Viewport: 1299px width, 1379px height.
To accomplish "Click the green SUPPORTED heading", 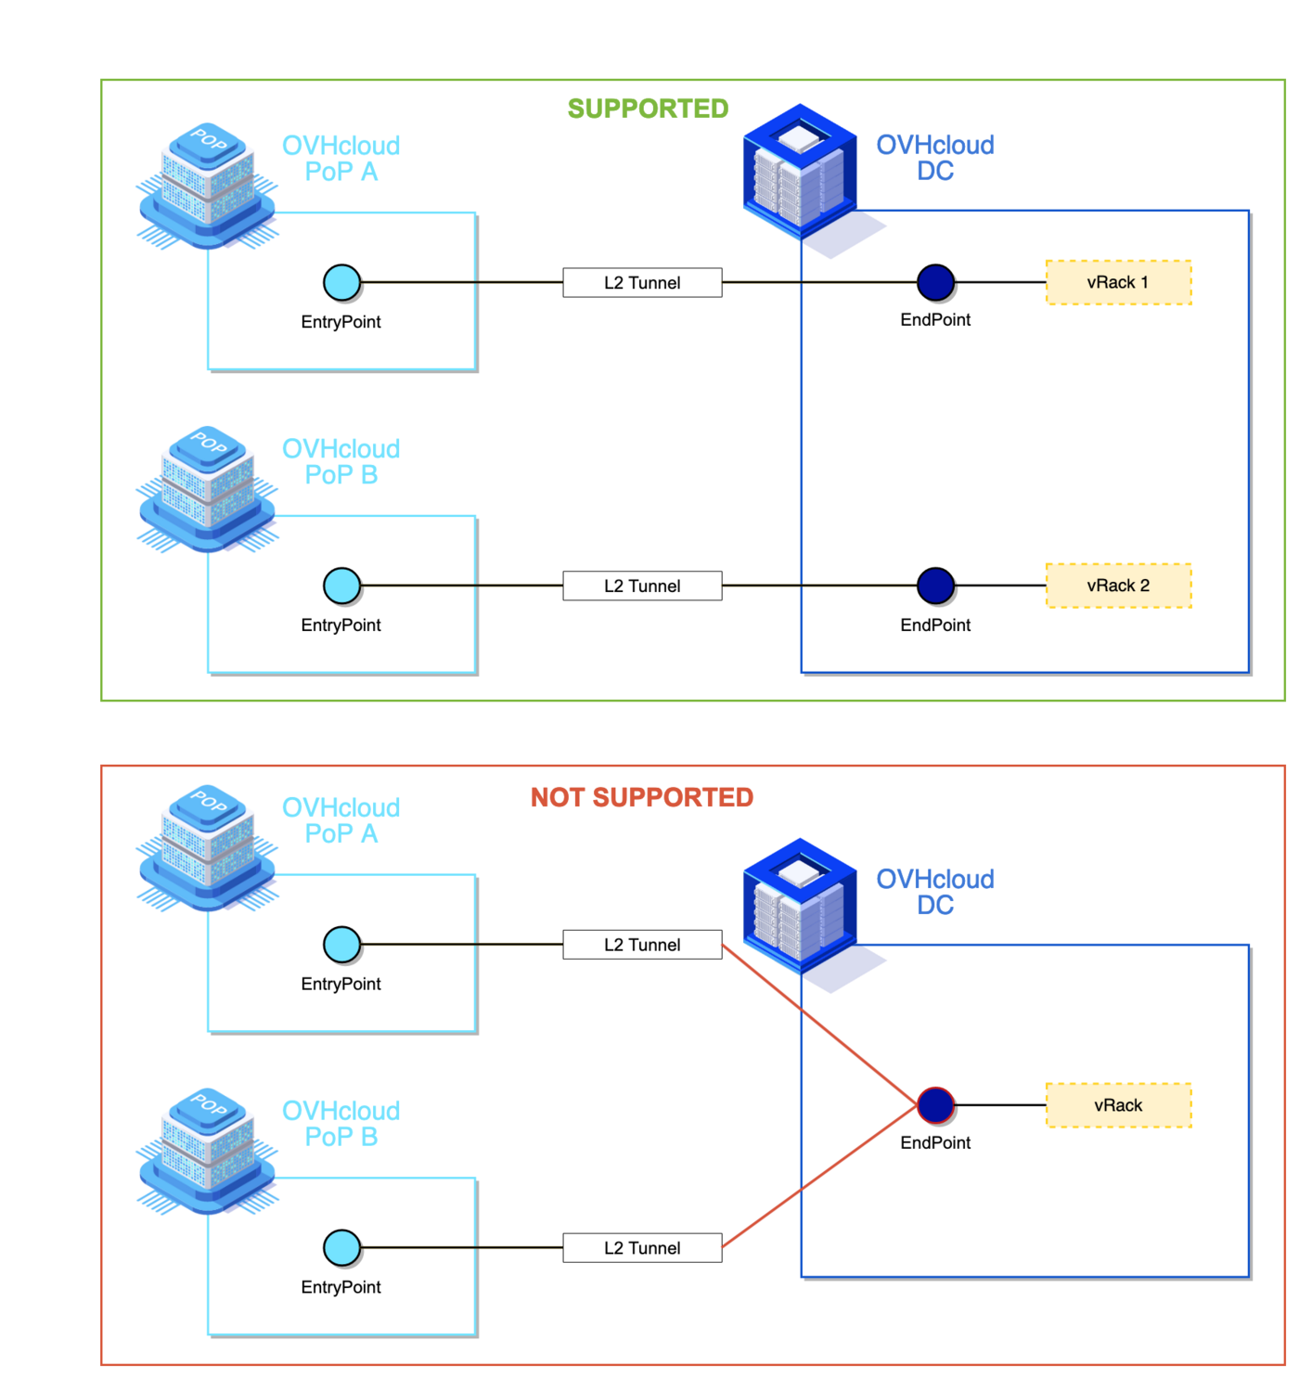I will (x=648, y=109).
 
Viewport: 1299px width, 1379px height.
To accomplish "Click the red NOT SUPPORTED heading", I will (x=641, y=797).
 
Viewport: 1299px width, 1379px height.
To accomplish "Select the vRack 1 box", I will (x=1118, y=282).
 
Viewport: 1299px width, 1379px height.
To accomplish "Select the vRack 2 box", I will (x=1118, y=586).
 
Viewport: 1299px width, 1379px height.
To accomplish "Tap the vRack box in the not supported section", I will (x=1118, y=1105).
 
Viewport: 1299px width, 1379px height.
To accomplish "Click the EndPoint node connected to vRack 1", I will (x=935, y=282).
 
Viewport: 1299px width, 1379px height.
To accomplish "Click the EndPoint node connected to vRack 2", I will (x=935, y=586).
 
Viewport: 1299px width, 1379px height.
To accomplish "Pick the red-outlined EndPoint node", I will (x=935, y=1105).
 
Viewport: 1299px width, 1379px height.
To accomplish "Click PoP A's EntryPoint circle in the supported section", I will (x=341, y=282).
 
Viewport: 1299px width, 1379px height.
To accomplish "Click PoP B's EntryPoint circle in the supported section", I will (x=341, y=586).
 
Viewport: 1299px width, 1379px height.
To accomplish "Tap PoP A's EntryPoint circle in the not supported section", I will (x=341, y=945).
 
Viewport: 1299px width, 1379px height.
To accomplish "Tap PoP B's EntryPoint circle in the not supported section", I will (x=341, y=1248).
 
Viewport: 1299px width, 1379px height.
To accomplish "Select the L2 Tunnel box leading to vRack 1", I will (x=642, y=282).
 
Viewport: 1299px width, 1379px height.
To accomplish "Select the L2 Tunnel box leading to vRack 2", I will (x=642, y=586).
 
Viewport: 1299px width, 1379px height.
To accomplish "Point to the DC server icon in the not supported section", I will (x=800, y=908).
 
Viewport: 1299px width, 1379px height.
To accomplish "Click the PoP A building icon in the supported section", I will (x=208, y=186).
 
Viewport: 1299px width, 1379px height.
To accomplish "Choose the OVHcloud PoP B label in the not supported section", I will (x=341, y=1124).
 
